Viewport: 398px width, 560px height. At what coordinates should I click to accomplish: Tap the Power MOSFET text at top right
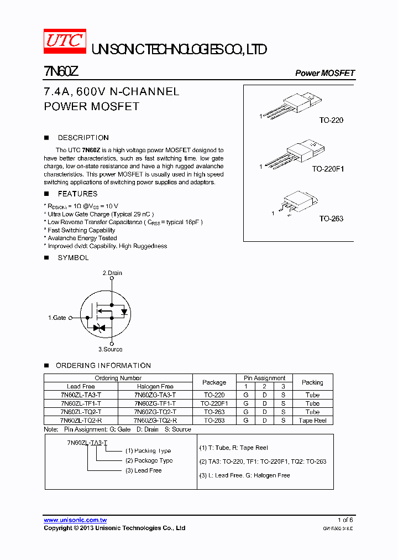tap(324, 73)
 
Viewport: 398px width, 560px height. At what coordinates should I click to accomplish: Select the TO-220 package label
tap(331, 120)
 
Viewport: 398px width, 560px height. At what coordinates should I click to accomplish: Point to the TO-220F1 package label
tap(327, 169)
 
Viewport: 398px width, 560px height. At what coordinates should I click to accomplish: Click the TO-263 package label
tap(331, 219)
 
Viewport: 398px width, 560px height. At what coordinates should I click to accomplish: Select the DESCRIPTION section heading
tap(83, 138)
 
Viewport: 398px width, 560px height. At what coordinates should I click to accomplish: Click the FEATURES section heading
tap(77, 194)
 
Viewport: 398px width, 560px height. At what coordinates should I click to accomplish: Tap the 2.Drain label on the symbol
tap(112, 273)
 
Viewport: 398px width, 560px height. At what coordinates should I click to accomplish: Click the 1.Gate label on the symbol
tap(57, 318)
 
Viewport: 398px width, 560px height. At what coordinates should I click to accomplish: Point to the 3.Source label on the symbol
tap(111, 349)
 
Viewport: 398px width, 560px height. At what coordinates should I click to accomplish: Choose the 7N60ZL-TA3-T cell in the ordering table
tap(81, 395)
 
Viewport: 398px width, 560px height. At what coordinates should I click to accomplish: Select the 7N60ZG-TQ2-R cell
tap(155, 421)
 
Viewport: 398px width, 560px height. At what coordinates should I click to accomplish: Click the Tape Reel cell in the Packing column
tap(312, 421)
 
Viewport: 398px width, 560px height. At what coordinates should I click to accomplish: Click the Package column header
tap(214, 382)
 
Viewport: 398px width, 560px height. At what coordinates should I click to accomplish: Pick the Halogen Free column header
tap(155, 386)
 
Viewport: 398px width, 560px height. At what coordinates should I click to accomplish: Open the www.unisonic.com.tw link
tap(75, 520)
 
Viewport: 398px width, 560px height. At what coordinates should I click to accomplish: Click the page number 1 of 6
tap(345, 520)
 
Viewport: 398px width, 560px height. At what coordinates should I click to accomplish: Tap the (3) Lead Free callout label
tap(143, 470)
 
